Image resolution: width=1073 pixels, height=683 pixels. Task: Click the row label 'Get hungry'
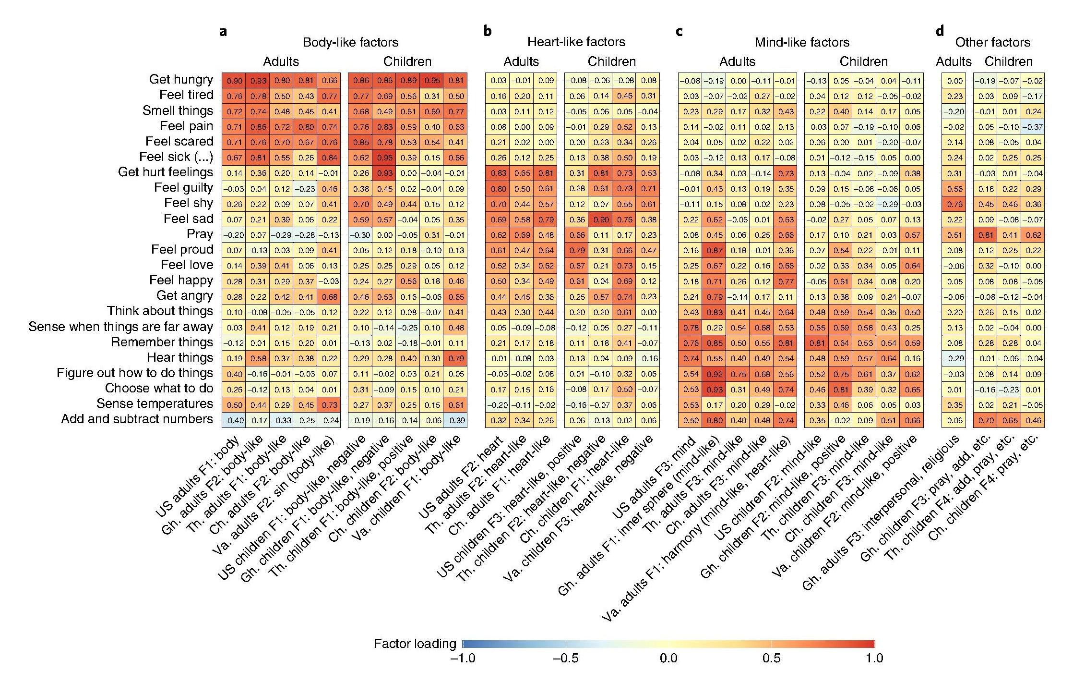point(180,79)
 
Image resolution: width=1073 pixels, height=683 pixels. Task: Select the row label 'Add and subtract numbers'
point(137,419)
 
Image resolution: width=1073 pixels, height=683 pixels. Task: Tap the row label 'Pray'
point(200,234)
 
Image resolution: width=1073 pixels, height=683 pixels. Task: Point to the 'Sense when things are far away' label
point(120,327)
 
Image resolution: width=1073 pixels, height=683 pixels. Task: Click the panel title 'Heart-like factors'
point(576,42)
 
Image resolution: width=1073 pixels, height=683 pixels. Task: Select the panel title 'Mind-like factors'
point(801,42)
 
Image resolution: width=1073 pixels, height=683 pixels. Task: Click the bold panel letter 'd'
point(939,32)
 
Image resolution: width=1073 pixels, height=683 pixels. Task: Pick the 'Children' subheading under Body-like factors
point(407,61)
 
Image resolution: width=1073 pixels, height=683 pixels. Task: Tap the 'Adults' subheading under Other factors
point(953,61)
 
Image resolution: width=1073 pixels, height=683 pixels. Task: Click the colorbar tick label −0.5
point(565,658)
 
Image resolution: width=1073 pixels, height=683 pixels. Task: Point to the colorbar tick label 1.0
point(874,658)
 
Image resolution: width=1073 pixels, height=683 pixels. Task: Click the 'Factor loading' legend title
point(415,644)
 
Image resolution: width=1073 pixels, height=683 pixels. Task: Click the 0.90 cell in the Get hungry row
point(234,81)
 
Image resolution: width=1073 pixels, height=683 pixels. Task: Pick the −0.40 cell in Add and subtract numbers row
point(234,420)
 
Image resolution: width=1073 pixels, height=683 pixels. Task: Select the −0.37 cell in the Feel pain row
point(1033,127)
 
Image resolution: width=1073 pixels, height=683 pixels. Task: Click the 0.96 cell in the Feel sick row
point(384,158)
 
